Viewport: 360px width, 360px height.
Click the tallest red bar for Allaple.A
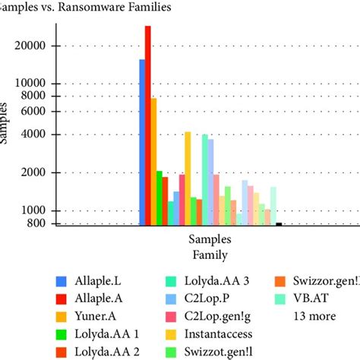[148, 125]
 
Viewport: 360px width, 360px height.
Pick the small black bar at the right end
[279, 224]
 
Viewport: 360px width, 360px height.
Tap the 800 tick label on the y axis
[40, 223]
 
